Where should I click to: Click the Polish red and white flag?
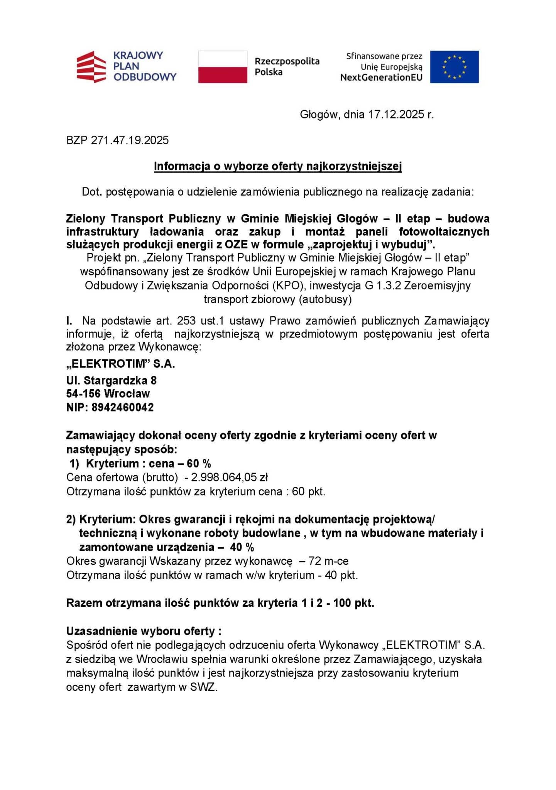tap(223, 67)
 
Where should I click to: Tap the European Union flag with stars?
tap(454, 67)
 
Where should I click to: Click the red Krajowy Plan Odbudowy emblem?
tap(91, 67)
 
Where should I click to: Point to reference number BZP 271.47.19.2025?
tap(117, 140)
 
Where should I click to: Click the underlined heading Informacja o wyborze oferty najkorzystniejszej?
tap(278, 166)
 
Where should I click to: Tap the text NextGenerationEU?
tap(381, 78)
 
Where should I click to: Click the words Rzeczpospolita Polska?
tap(287, 66)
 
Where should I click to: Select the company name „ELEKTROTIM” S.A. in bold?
tap(120, 364)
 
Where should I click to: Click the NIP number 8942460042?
tap(122, 407)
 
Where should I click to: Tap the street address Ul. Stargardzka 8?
tap(111, 380)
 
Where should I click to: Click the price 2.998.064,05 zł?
tap(229, 477)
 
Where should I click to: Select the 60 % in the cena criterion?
tap(199, 463)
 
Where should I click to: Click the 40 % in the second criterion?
tap(242, 547)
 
